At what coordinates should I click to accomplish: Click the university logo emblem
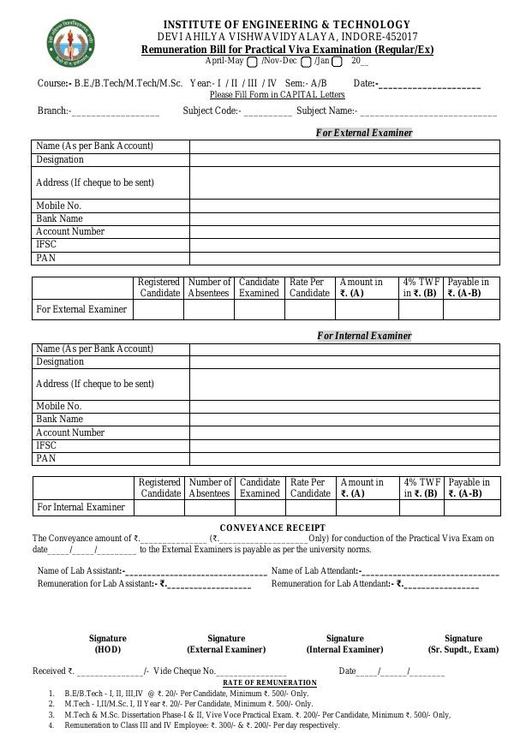[x=70, y=44]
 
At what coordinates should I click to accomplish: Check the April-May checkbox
[x=252, y=62]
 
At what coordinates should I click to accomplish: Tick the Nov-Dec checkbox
[x=306, y=62]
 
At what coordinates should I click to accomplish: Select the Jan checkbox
[x=337, y=62]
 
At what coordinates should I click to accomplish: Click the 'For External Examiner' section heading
[x=364, y=133]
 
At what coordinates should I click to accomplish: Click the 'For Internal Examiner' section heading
[x=364, y=336]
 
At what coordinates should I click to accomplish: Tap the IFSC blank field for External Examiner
[x=344, y=245]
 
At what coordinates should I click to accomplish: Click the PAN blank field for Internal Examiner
[x=344, y=459]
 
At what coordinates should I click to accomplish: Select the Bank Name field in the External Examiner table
[x=344, y=218]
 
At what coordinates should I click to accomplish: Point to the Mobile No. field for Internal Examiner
[x=344, y=406]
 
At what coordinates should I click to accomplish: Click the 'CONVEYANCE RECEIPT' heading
[x=272, y=527]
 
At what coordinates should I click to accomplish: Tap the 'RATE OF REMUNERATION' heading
[x=270, y=682]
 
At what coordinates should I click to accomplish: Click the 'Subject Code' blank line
[x=267, y=112]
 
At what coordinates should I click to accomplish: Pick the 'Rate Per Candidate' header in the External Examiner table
[x=309, y=287]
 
